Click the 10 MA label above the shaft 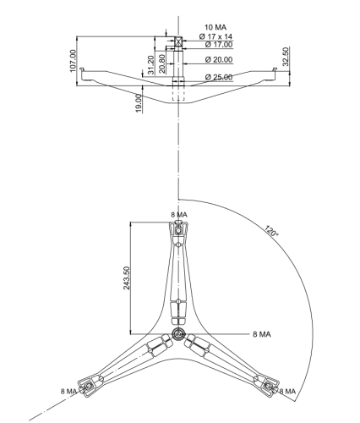(x=215, y=27)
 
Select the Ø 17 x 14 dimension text (x=215, y=36)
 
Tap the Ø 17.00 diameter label (x=219, y=45)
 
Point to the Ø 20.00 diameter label (x=219, y=60)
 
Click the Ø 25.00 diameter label (x=219, y=77)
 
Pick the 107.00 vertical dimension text (x=73, y=61)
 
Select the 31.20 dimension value (x=151, y=65)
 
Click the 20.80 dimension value (x=162, y=63)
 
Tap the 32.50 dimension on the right (x=286, y=57)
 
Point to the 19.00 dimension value (x=139, y=103)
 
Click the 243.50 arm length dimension (x=127, y=278)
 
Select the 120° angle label (x=271, y=231)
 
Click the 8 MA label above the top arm (x=179, y=215)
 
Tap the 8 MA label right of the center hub (x=262, y=334)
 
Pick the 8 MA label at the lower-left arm (x=68, y=392)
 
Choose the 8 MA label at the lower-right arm (x=287, y=392)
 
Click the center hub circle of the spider (x=178, y=334)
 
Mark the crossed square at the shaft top (x=178, y=41)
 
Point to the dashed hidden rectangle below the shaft (x=178, y=93)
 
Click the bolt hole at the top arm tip (x=178, y=231)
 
